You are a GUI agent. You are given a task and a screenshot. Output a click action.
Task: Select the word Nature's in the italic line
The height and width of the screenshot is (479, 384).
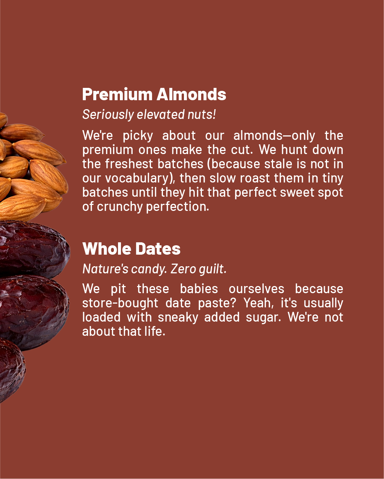pyautogui.click(x=105, y=269)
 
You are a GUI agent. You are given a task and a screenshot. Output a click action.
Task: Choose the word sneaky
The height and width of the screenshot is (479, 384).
pyautogui.click(x=178, y=317)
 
